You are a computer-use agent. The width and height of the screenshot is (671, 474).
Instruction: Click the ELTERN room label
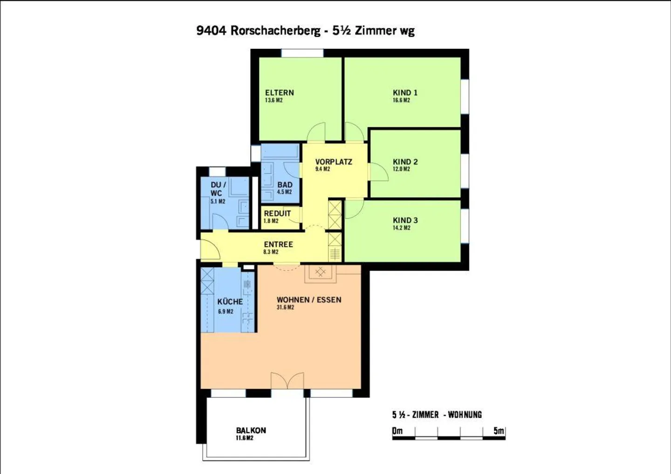click(279, 93)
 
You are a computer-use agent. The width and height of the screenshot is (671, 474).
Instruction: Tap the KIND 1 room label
click(405, 93)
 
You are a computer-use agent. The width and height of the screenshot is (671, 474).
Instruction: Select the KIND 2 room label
click(405, 162)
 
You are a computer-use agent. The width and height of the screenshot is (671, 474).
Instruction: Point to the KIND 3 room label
click(405, 220)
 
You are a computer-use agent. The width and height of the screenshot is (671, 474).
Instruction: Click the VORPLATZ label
click(334, 162)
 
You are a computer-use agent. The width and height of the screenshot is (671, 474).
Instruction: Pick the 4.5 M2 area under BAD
click(284, 192)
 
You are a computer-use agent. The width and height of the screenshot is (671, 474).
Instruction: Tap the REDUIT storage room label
click(277, 214)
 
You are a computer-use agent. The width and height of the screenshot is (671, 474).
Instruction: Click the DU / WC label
click(218, 189)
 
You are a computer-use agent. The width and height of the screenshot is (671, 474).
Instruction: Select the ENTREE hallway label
click(278, 244)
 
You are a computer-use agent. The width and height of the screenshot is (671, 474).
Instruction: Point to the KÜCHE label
click(230, 302)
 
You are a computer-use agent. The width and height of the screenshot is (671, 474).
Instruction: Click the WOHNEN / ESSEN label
click(309, 300)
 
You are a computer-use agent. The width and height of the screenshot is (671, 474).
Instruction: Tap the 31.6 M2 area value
click(285, 308)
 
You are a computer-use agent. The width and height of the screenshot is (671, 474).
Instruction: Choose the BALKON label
click(251, 431)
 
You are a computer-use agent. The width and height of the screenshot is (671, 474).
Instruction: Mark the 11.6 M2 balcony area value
click(245, 439)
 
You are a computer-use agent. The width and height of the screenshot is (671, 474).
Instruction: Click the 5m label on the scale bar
click(499, 431)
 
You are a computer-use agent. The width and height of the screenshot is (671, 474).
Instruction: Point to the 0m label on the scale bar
click(397, 431)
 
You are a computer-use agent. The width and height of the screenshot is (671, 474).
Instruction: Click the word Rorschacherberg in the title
click(275, 31)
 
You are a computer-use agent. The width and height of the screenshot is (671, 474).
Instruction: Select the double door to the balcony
click(287, 381)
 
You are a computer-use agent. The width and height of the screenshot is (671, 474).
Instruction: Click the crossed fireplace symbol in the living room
click(320, 272)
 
